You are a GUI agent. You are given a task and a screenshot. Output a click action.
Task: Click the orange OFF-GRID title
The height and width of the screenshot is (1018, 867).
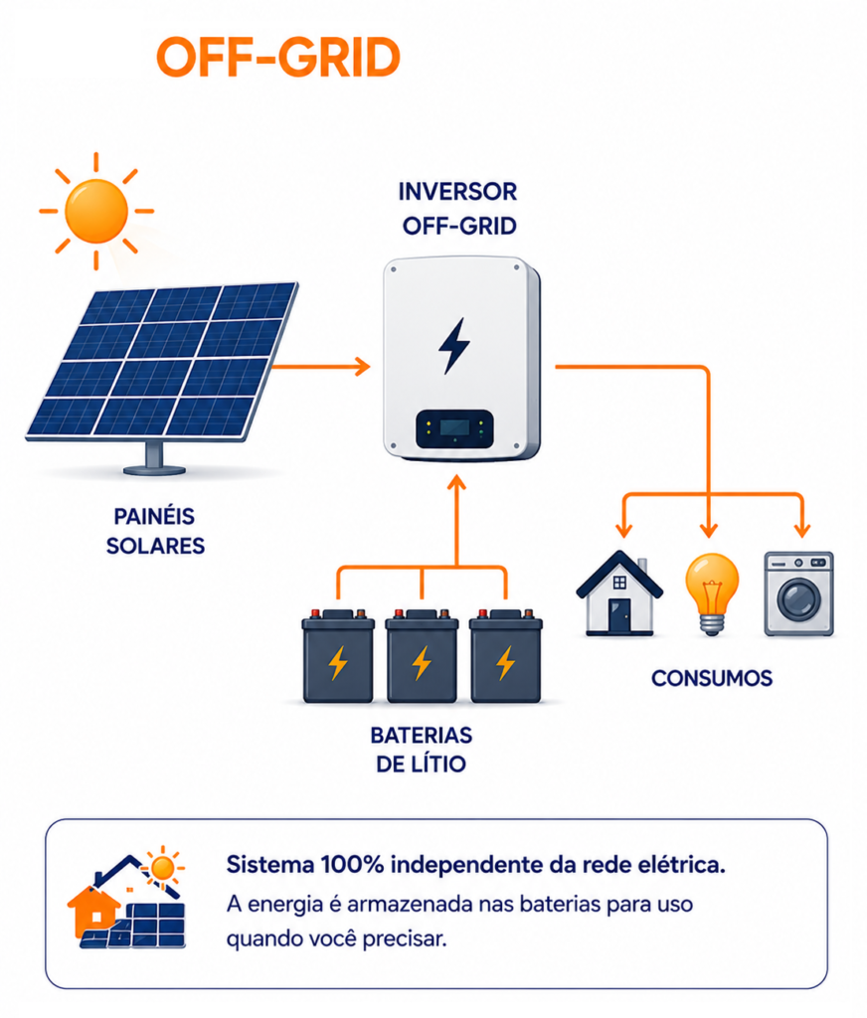pos(278,57)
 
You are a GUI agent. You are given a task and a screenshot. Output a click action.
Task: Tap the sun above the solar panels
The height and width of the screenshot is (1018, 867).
pos(96,211)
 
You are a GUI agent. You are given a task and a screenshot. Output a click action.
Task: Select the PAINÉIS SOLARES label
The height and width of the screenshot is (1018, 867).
pos(155,531)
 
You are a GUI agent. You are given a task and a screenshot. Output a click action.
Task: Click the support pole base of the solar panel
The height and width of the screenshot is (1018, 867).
pos(154,469)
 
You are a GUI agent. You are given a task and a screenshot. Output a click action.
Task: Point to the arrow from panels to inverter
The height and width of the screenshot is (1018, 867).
pos(321,367)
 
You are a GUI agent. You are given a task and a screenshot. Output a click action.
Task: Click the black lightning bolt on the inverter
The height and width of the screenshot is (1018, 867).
pos(454,345)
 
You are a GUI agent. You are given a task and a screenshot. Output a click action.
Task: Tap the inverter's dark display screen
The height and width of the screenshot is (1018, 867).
pos(454,427)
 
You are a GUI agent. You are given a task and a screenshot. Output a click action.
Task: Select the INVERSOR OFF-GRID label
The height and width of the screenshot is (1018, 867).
pos(457,209)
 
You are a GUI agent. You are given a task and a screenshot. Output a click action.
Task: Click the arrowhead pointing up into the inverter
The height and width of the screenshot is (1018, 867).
pos(457,483)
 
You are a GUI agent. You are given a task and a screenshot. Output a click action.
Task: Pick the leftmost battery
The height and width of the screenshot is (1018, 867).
pos(338,656)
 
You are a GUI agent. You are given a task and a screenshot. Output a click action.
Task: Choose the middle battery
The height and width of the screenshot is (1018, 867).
pos(423,656)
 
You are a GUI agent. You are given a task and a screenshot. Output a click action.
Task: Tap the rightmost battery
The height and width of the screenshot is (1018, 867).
pos(506,656)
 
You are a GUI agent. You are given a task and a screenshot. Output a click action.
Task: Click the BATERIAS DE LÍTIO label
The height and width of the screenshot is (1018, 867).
pos(421,750)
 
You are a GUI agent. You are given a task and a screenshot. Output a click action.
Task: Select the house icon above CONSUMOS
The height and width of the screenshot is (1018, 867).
pos(618,593)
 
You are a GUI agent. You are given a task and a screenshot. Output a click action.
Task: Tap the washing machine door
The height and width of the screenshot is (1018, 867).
pos(798,597)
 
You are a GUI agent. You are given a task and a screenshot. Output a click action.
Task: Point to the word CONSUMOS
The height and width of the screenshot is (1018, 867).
pos(712,678)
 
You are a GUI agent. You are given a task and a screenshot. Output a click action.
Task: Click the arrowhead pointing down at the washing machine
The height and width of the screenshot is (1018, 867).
pos(802,530)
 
